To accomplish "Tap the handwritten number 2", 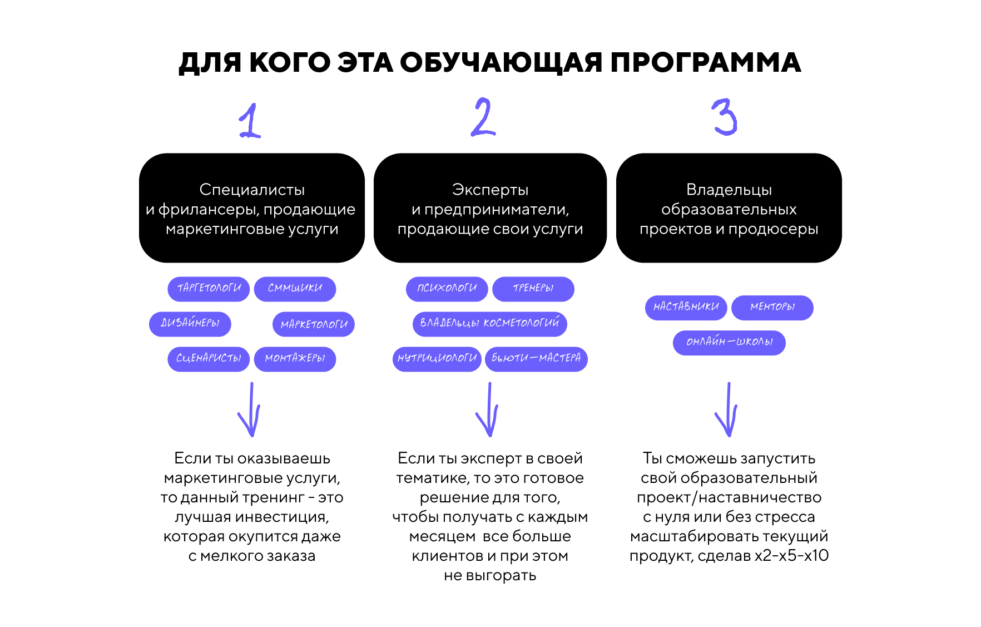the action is coord(483,117).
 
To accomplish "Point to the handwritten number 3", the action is coord(725,117).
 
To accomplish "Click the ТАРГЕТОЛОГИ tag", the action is coord(209,289).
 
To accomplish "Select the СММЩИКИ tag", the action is coord(295,289).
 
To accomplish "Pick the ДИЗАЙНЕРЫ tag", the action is coord(190,324).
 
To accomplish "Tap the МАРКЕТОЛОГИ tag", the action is coord(314,324).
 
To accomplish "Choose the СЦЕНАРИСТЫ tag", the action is coord(209,359).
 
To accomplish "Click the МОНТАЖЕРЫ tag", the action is coord(295,359).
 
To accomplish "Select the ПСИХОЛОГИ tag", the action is coord(447,289).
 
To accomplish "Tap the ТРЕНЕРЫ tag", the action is coord(533,289).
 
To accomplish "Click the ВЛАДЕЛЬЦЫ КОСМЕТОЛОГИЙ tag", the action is coord(490,324).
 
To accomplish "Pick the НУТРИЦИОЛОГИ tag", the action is coord(437,359).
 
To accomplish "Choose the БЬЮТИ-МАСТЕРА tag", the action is coord(536,359).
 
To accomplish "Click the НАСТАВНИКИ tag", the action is coord(686,308).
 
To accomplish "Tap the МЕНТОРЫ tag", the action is coord(772,308).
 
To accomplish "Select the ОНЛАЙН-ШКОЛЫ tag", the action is coord(729,343).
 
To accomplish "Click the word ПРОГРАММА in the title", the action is coord(706,62).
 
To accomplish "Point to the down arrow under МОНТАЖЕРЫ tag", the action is coord(250,409).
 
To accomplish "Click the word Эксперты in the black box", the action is coord(490,190).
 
